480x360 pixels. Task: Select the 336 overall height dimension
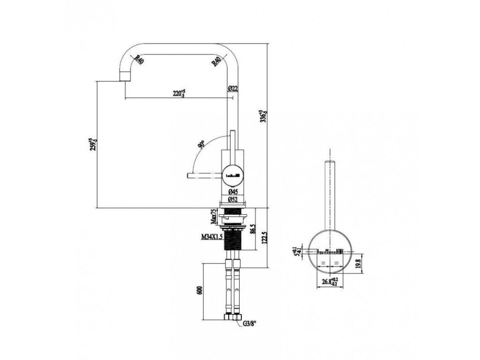pos(264,115)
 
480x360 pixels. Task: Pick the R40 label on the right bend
pos(216,60)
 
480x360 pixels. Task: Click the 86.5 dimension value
pos(254,228)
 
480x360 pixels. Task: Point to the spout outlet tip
pos(124,77)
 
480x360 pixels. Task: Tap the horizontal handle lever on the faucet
pos(204,175)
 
